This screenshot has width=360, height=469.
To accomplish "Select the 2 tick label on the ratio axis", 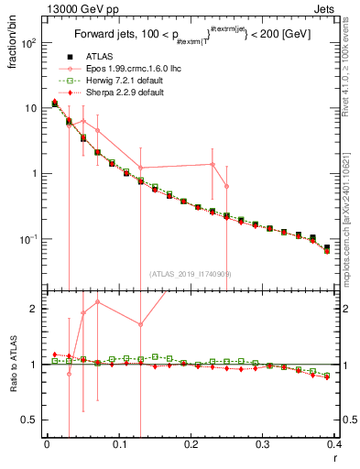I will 35,309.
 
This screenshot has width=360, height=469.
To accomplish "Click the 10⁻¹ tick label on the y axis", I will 28,239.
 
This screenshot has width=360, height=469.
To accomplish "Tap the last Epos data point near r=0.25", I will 226,186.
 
